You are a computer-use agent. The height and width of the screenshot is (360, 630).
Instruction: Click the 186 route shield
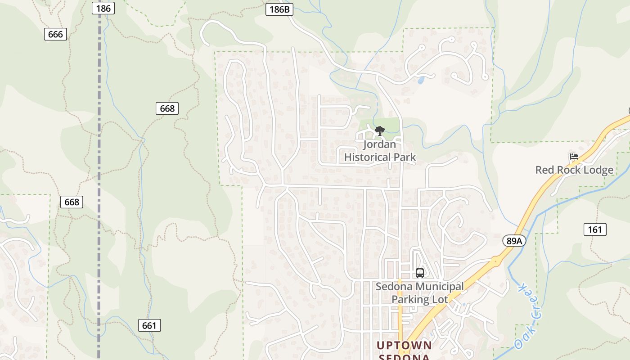[x=103, y=8]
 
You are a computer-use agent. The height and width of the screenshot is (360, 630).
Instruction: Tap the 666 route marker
[x=55, y=34]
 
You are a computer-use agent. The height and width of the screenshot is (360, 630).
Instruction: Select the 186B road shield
[x=279, y=9]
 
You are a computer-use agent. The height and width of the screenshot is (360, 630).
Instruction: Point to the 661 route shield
[x=149, y=325]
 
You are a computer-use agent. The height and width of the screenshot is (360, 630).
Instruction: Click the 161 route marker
[x=595, y=229]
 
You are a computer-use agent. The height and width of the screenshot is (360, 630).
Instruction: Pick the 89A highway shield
[x=514, y=241]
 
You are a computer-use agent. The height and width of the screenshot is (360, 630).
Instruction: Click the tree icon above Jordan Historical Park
[x=380, y=131]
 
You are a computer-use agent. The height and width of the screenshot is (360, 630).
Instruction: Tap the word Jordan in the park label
[x=380, y=144]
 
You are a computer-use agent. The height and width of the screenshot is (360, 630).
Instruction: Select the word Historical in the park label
[x=368, y=157]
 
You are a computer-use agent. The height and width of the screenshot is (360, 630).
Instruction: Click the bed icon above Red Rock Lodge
[x=574, y=157]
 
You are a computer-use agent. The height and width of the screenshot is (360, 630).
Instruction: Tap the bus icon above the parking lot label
[x=419, y=273]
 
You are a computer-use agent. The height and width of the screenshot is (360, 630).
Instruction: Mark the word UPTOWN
[x=404, y=345]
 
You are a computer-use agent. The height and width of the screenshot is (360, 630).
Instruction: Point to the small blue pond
[x=421, y=81]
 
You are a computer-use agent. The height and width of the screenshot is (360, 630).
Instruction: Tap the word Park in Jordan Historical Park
[x=405, y=157]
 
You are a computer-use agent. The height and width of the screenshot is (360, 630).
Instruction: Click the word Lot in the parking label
[x=440, y=299]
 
